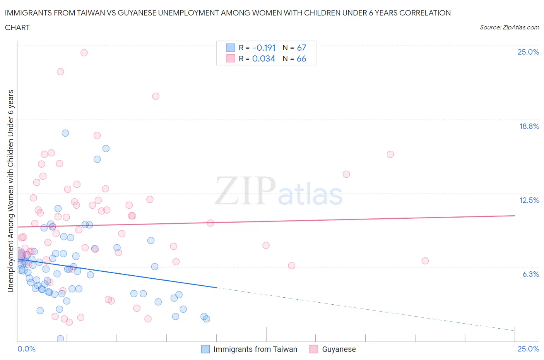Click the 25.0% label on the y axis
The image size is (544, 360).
pos(528,52)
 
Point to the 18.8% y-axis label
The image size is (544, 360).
pos(529,126)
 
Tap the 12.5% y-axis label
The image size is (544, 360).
pos(529,200)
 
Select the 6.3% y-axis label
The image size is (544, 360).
pos(530,274)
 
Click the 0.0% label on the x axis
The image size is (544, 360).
pos(26,349)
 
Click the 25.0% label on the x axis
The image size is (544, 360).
pos(528,349)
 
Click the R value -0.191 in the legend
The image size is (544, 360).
pos(264,48)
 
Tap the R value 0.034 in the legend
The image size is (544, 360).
pos(263,58)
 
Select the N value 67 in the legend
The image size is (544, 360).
pos(301,48)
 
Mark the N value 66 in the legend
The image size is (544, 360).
pos(301,58)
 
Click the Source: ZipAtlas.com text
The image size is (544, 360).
pos(509,27)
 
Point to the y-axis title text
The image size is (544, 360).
pos(10,191)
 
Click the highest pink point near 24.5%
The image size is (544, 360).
pos(84,53)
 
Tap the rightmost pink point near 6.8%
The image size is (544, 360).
pos(425,261)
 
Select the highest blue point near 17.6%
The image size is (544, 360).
pos(65,133)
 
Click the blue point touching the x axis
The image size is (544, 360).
pos(60,339)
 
